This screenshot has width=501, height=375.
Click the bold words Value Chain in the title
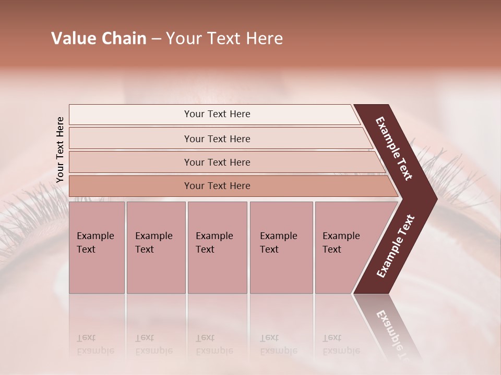click(99, 39)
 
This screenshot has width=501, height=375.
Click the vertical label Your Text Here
click(60, 150)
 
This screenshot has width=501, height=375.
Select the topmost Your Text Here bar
click(217, 114)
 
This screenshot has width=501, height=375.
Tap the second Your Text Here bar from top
click(217, 139)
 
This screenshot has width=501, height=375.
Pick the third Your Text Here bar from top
click(217, 162)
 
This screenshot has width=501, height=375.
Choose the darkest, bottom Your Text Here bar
click(217, 186)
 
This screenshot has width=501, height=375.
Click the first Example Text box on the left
click(97, 247)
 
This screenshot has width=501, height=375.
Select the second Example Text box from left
click(156, 247)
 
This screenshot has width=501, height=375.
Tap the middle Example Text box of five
click(217, 247)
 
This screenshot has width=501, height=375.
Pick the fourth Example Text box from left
click(281, 247)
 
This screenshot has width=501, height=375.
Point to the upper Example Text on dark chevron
click(395, 148)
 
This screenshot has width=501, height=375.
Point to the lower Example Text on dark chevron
click(396, 246)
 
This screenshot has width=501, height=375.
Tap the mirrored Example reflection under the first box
click(95, 351)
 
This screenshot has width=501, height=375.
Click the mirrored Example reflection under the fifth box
click(341, 351)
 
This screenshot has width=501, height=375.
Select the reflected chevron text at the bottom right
click(394, 333)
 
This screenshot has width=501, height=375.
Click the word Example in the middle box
click(214, 236)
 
